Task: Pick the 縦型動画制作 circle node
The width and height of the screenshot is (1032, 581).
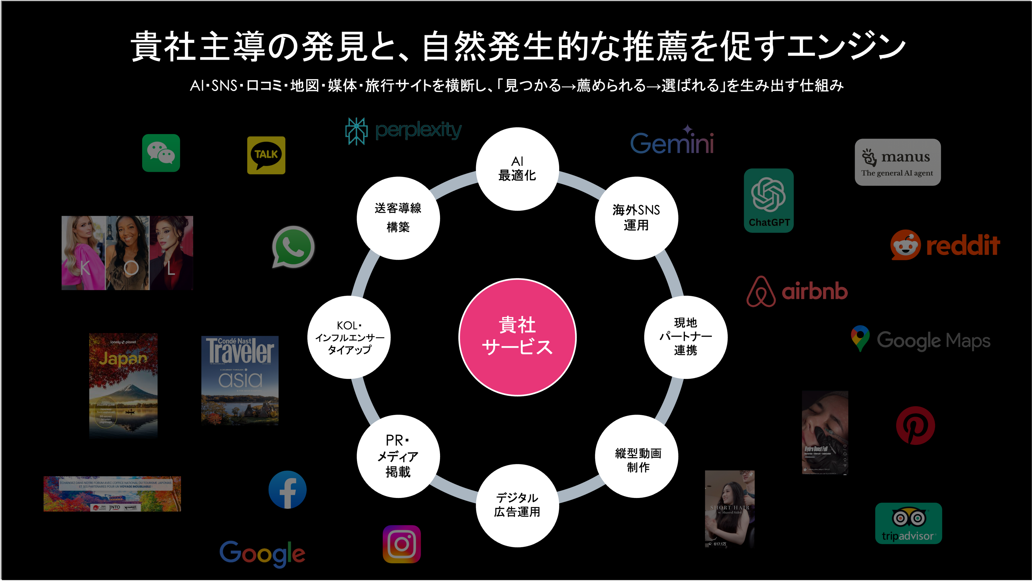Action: click(x=637, y=456)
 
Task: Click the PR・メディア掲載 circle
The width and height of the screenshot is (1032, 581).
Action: click(x=398, y=456)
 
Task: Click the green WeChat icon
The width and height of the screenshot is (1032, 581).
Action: click(x=161, y=153)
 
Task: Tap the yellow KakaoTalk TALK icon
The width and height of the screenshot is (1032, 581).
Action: click(x=266, y=155)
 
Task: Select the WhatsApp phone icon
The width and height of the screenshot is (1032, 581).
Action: click(x=293, y=247)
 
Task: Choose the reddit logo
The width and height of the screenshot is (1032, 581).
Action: click(x=945, y=245)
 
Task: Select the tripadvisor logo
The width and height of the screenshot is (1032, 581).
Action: click(x=908, y=523)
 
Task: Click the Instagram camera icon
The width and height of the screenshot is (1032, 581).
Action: click(x=401, y=544)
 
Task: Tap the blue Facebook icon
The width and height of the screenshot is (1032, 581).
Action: click(x=287, y=490)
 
